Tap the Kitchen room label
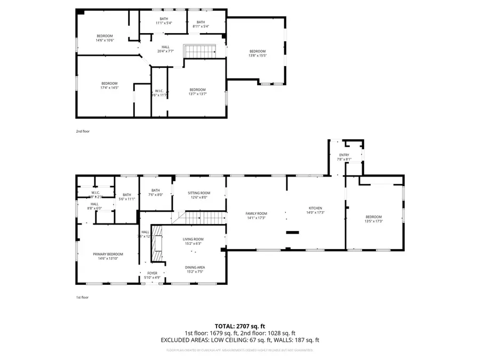coord(315,208)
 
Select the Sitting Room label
coord(198,193)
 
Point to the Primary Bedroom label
coord(108,254)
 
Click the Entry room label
coord(344,155)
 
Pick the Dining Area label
coord(195,267)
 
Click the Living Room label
coord(193,239)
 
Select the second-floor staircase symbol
coord(198,51)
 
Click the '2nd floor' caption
coord(82,130)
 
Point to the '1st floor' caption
coord(82,297)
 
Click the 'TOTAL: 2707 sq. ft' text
coord(239,325)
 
